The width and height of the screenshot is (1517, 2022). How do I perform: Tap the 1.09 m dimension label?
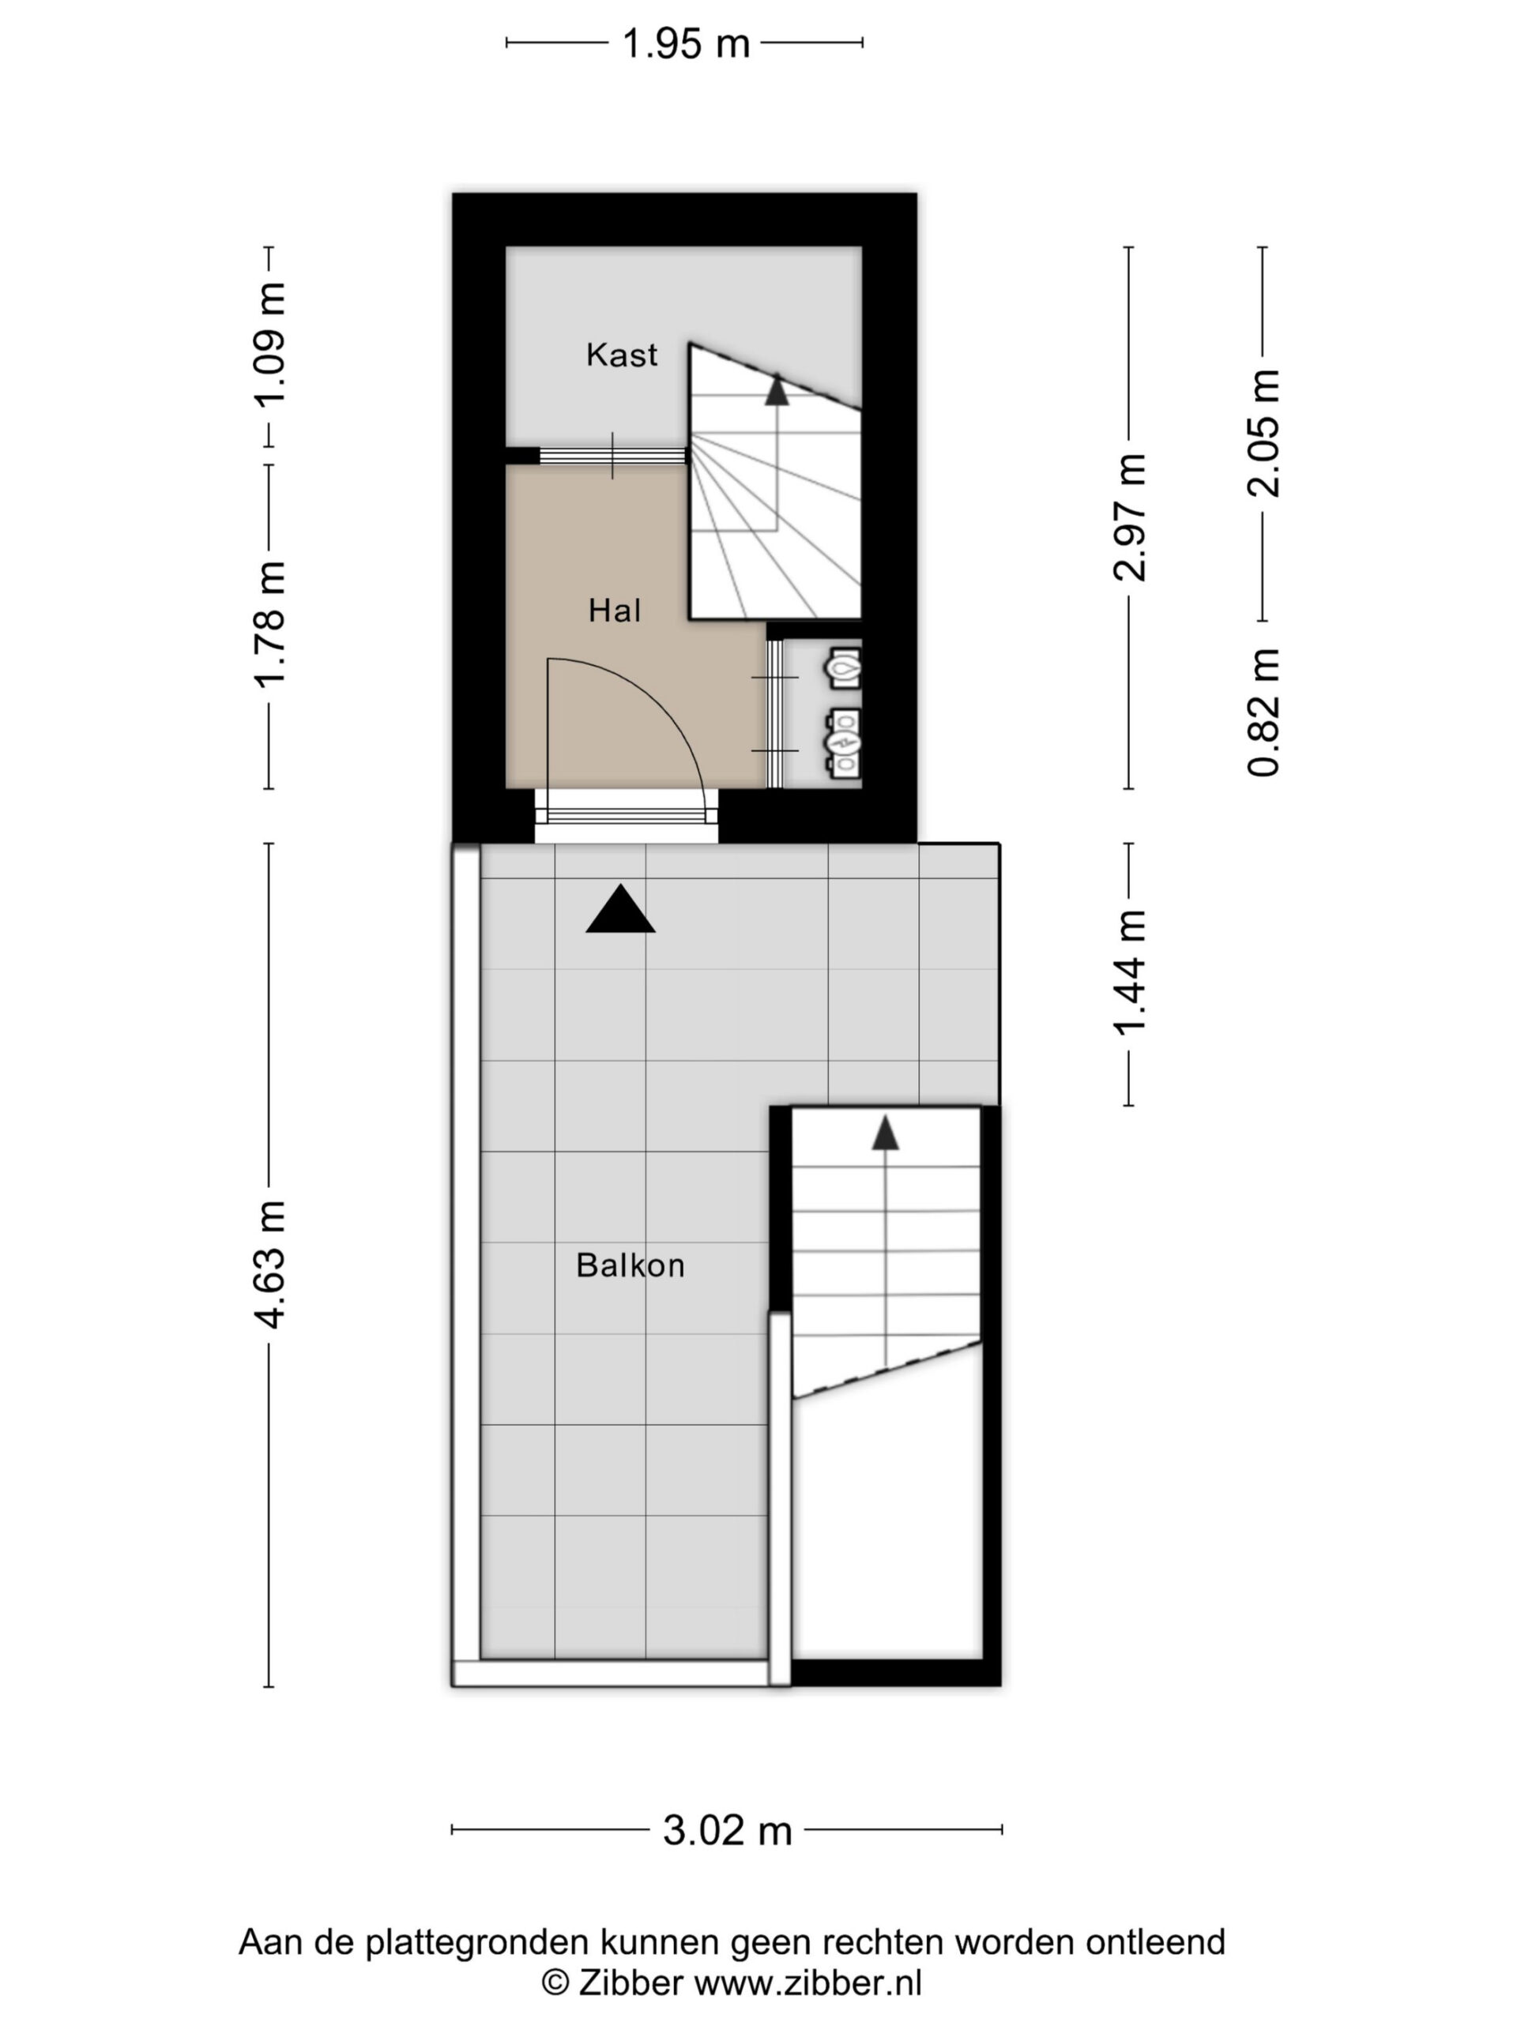coord(269,344)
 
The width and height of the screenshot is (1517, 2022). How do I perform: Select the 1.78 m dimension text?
coord(269,624)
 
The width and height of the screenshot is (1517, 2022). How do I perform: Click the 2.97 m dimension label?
coord(1129,517)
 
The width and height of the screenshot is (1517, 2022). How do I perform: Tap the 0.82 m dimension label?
coord(1263,712)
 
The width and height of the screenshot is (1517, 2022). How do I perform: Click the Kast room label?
coord(622,355)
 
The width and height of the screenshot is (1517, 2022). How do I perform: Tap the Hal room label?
coord(615,611)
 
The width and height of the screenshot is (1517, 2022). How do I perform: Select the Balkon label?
coord(630,1265)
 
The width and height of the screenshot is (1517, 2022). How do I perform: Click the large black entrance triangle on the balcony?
coord(620,908)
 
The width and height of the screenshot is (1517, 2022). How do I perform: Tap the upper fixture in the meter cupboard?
coord(843,668)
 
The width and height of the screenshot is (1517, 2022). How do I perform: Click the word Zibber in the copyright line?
coord(630,1983)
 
